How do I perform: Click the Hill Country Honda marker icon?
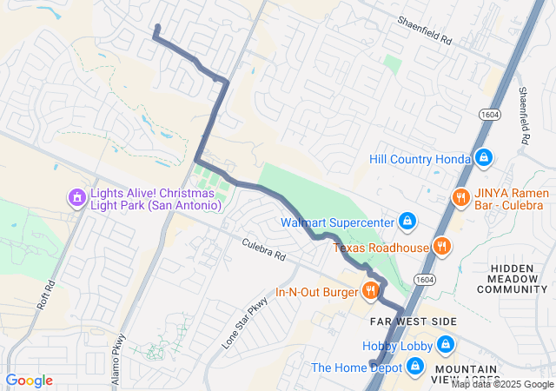(x=484, y=158)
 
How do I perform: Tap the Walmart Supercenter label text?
(x=337, y=222)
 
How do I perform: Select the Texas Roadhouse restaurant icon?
(x=441, y=246)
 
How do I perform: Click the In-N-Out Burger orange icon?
(x=371, y=290)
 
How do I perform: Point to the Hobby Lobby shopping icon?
(x=446, y=346)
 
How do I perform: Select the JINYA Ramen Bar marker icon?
(x=460, y=198)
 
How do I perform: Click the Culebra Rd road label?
(x=263, y=252)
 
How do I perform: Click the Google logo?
(x=29, y=381)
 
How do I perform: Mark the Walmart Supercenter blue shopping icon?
(x=406, y=221)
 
